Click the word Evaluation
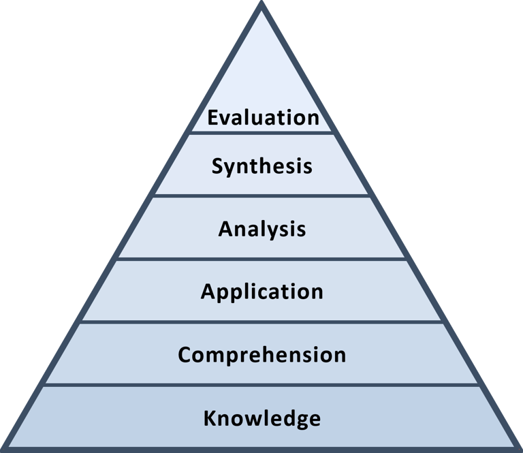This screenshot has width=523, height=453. tap(263, 117)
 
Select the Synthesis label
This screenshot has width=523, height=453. tap(262, 166)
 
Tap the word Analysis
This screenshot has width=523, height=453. tap(262, 229)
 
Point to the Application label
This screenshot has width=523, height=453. tap(262, 292)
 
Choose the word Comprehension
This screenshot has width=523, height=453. tap(262, 355)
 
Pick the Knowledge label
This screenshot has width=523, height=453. tap(262, 418)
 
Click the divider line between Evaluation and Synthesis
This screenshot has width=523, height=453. tap(262, 133)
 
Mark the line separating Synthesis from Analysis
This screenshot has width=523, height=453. tap(262, 196)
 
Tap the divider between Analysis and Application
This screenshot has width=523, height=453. tap(262, 259)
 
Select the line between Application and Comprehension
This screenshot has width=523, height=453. tap(262, 322)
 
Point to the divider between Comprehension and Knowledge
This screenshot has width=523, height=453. tap(262, 386)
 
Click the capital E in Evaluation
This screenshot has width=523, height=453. tap(212, 117)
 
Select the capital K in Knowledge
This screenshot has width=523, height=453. tap(210, 418)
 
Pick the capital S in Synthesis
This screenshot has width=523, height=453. tap(217, 166)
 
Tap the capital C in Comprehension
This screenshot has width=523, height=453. tap(185, 355)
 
